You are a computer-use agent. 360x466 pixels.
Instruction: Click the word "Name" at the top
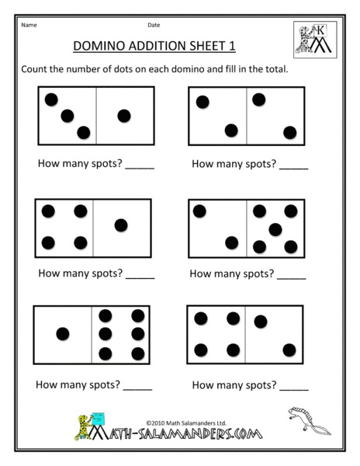(29, 25)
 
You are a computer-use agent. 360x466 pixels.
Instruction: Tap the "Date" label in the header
(154, 25)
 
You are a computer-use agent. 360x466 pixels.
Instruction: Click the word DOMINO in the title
(99, 47)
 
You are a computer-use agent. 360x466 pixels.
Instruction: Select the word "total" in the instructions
(274, 69)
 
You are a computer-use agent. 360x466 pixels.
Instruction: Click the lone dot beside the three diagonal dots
(124, 116)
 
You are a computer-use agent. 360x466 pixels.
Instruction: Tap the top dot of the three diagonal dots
(51, 99)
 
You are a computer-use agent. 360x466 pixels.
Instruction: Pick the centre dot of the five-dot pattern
(275, 229)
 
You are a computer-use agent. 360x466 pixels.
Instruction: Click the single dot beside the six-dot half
(63, 333)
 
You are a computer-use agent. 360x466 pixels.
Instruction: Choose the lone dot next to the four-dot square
(120, 225)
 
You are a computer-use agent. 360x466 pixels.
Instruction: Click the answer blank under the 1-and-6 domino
(137, 385)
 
